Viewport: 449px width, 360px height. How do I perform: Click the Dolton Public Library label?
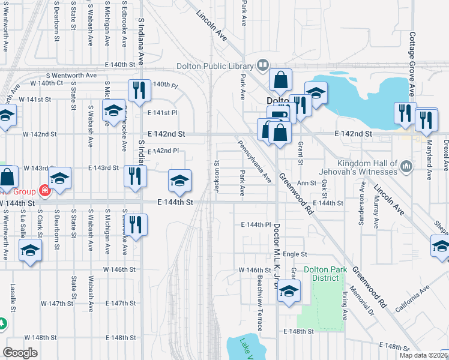point(215,66)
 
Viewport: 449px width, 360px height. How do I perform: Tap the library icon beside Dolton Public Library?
point(262,65)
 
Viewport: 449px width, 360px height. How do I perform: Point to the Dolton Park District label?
point(325,273)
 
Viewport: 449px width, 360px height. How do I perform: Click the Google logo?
point(20,353)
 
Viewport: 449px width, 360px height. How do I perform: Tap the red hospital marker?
point(44,191)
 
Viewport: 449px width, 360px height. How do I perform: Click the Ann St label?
point(306,183)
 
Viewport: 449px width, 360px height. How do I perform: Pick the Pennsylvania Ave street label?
point(255,162)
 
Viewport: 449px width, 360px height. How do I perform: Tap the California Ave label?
point(412,298)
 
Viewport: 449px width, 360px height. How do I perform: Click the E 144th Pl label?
point(256,224)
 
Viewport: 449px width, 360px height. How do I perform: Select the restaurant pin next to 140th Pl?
point(139,90)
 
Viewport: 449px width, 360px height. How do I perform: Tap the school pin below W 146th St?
point(289,292)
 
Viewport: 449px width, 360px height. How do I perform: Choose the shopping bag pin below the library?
point(280,79)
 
